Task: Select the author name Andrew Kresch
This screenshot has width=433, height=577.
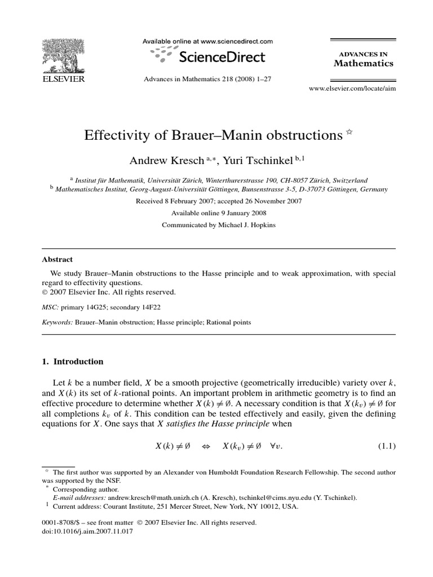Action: tap(164, 161)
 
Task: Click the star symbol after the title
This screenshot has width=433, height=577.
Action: tap(349, 133)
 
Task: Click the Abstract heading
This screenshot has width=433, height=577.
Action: tap(58, 260)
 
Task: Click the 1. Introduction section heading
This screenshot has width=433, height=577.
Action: tap(73, 361)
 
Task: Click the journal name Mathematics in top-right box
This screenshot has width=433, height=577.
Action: tap(363, 63)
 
